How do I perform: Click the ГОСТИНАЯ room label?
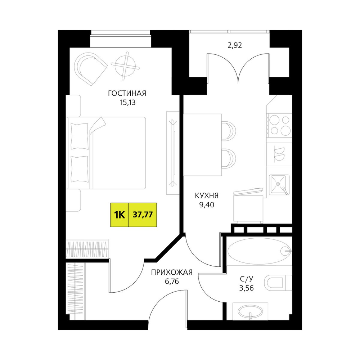point(127,94)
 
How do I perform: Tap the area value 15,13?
point(128,103)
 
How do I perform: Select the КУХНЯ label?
point(207,195)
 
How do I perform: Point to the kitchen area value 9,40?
point(207,204)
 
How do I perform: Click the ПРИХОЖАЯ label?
point(172,272)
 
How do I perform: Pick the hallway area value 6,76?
point(172,281)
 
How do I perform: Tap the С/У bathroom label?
point(246,279)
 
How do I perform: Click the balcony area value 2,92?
point(235,45)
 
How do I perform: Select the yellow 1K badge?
point(120,215)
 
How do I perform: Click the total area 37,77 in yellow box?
point(143,215)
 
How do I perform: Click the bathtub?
point(259,251)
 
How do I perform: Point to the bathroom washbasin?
point(250,311)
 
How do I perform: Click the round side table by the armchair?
point(125,66)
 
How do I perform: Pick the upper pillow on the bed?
point(80,136)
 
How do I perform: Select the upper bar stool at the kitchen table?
point(229,130)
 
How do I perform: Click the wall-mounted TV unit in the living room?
point(173,153)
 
